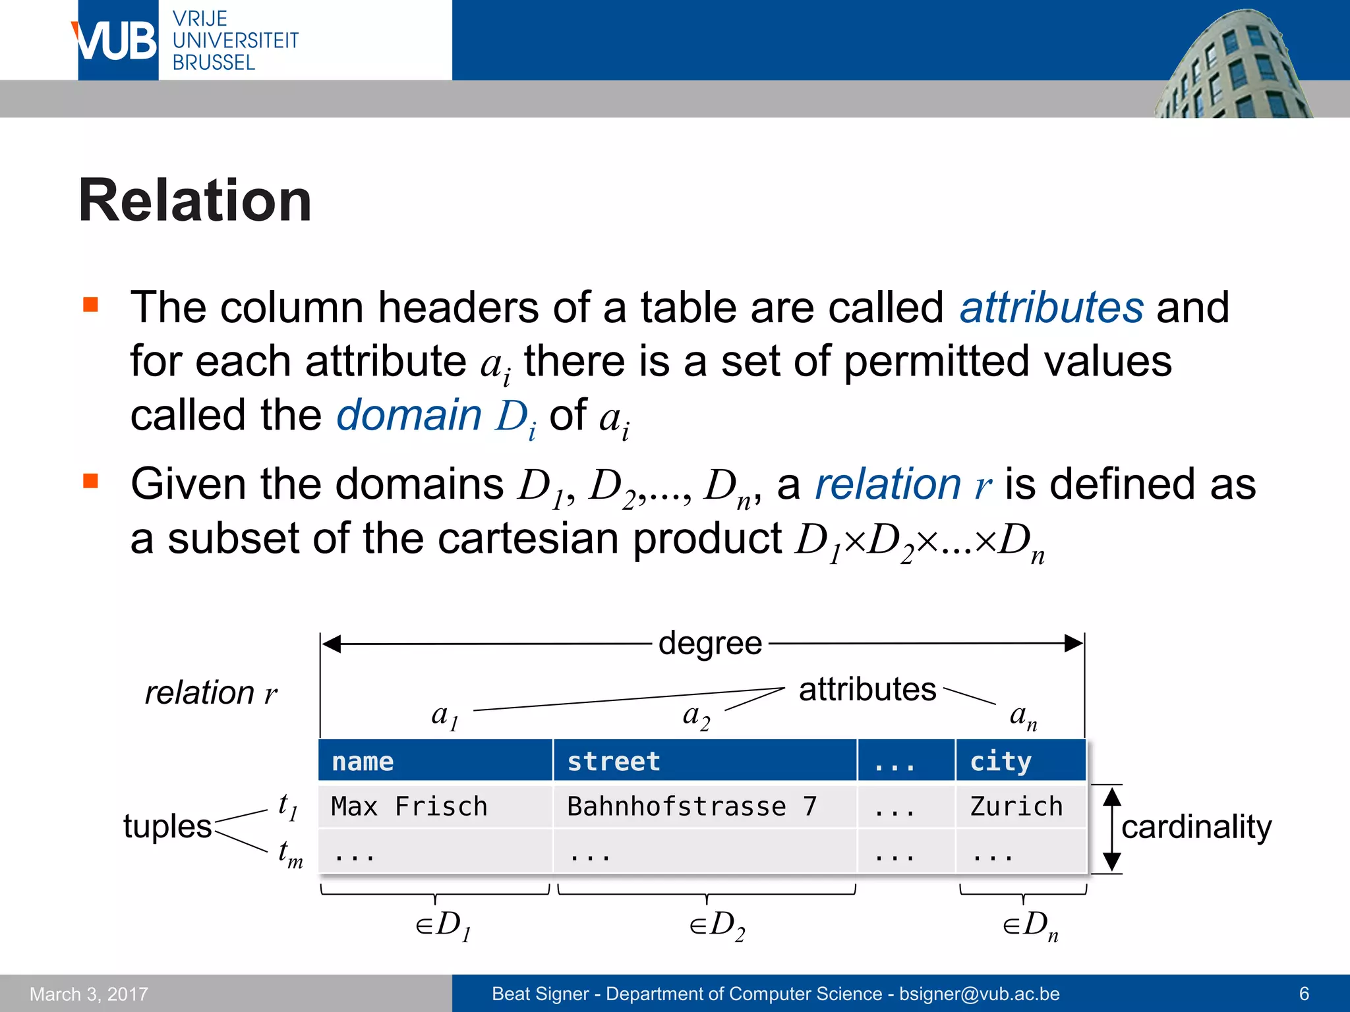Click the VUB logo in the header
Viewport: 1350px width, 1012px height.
pos(117,41)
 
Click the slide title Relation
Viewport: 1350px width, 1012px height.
pos(195,201)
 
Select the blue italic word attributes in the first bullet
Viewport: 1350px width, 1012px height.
pos(1051,308)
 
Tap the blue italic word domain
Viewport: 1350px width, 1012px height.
pos(409,415)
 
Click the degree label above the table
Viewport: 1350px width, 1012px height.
pos(710,643)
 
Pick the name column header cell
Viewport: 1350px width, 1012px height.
pos(435,761)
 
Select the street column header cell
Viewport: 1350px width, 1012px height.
pos(705,761)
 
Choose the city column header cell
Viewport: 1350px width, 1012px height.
pos(1020,761)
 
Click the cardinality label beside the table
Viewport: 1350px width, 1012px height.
pos(1196,827)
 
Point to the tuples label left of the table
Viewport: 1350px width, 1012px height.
pos(167,826)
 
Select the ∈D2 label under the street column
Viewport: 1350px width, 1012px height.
pos(717,925)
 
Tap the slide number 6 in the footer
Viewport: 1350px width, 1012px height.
pos(1304,994)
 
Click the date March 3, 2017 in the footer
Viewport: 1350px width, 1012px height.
pos(89,994)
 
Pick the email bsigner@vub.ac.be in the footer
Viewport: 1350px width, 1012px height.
pos(980,994)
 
